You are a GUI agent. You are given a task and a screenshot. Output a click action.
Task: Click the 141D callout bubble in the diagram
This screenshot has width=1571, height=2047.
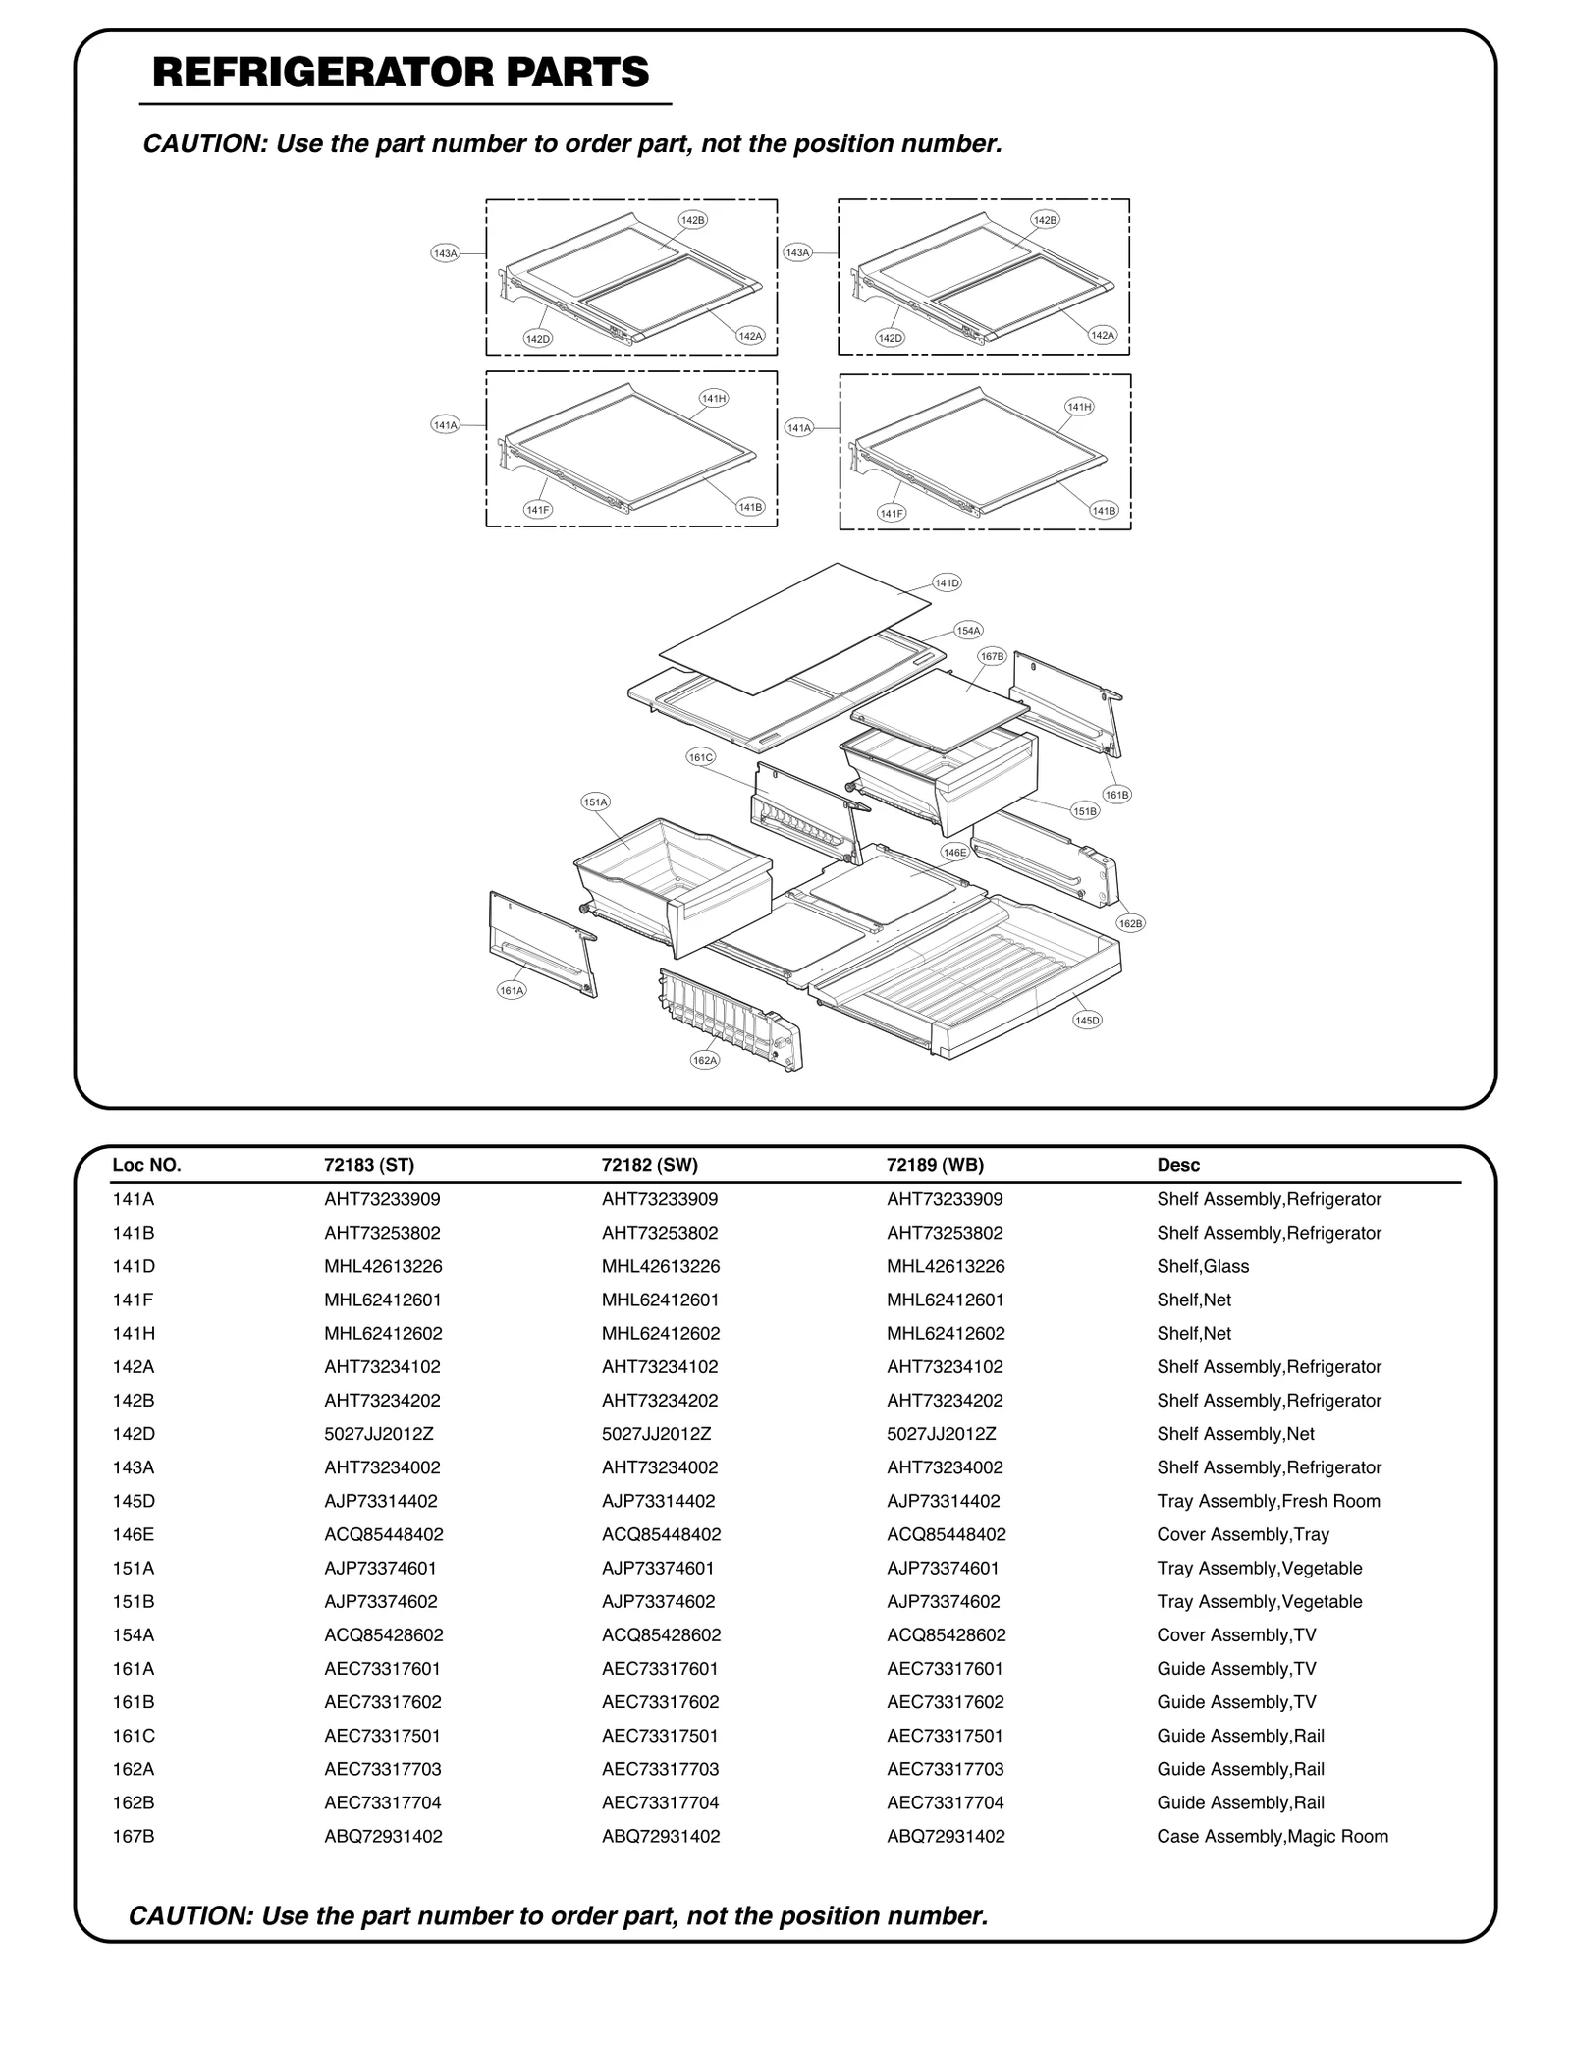946,583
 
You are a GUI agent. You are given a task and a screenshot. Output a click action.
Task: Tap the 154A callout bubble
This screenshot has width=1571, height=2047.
968,631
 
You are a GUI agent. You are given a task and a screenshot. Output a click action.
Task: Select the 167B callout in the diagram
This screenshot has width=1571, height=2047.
992,656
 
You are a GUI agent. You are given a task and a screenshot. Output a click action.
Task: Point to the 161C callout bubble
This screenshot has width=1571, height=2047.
700,757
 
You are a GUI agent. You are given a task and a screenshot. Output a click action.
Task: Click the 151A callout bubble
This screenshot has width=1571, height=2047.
596,802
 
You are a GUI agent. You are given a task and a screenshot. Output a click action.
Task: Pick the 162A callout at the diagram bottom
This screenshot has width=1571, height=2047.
705,1060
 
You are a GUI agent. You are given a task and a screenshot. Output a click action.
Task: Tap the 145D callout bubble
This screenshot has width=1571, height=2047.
1087,1021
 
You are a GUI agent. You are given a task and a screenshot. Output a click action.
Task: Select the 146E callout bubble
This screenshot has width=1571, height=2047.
954,853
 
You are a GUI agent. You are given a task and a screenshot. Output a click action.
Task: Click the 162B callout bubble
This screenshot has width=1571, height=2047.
1131,923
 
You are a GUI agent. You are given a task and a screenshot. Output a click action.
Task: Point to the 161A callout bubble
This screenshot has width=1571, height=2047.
512,991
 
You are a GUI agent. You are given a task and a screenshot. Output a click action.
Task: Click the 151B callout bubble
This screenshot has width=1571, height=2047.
1085,811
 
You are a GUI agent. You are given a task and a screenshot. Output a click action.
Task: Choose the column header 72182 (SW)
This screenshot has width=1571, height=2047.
649,1165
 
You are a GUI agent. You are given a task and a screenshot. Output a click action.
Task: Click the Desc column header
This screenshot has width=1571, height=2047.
1178,1165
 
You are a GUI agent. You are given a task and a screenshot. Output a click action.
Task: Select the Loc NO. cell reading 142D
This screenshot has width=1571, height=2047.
134,1434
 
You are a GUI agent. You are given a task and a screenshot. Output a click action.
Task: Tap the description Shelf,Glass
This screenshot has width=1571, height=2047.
1202,1266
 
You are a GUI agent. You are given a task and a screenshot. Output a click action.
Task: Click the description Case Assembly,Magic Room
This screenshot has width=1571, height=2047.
1272,1836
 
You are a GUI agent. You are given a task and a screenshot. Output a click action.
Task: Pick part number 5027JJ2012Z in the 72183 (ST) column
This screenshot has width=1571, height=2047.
378,1434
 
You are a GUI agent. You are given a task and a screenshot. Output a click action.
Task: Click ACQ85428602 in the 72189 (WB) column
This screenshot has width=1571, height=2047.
946,1634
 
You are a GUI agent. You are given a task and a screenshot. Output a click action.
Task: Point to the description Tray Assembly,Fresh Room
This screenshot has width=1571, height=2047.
1268,1501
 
